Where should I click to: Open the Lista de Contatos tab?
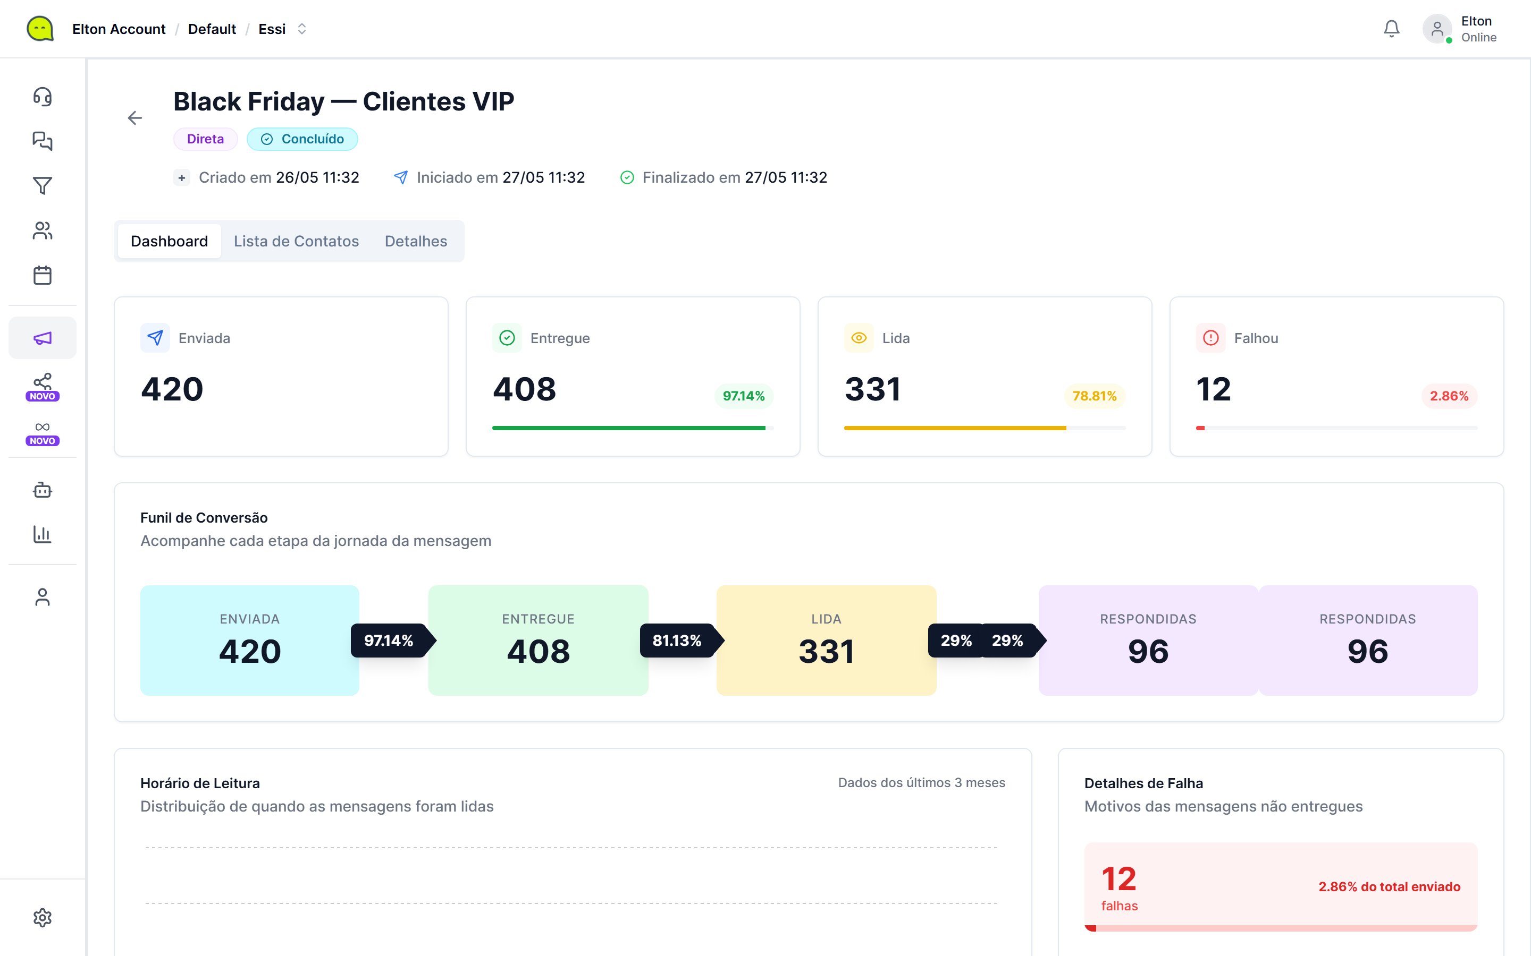click(296, 242)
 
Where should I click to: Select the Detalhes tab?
click(416, 242)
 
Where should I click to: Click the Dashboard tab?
click(169, 242)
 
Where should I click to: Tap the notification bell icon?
click(1391, 29)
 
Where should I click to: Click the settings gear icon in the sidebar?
click(43, 917)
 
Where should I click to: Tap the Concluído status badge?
click(302, 139)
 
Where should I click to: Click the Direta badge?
click(206, 139)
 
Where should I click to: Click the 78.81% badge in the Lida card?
click(1095, 396)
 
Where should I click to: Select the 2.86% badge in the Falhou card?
click(1449, 396)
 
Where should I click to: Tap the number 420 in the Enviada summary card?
click(172, 389)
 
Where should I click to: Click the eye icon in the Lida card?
click(859, 338)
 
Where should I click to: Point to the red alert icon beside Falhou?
click(1210, 338)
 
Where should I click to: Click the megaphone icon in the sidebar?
click(43, 338)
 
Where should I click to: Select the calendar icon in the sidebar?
click(43, 275)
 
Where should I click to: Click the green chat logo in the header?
click(40, 29)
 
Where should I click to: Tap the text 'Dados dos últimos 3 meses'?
click(921, 783)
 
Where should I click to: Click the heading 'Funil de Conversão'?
click(204, 518)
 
